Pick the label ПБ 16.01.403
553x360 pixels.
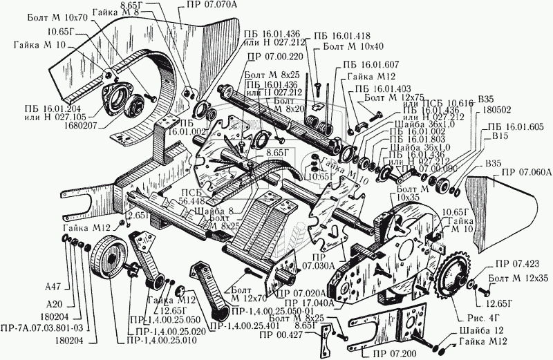click(x=383, y=88)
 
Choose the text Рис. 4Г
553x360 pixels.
click(x=469, y=319)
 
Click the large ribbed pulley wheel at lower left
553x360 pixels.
click(x=110, y=262)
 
